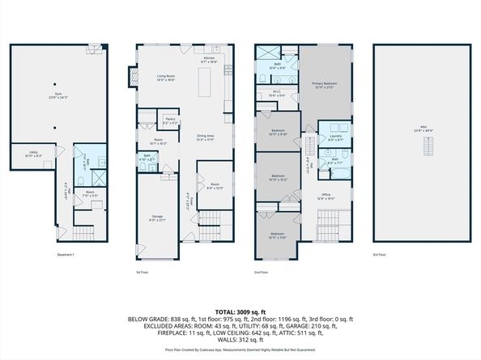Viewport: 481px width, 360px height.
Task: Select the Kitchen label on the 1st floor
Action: [207, 60]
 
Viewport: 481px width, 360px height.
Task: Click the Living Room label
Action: [166, 77]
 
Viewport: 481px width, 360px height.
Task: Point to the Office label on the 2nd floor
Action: [326, 195]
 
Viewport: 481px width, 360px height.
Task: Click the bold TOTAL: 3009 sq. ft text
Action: [240, 310]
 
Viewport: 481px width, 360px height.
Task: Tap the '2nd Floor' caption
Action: [262, 273]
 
